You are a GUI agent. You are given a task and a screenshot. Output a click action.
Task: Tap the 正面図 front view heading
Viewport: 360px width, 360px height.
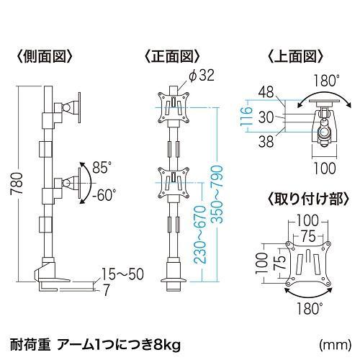[172, 56]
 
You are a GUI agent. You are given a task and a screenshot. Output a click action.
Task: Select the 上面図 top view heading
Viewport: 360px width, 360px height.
[295, 56]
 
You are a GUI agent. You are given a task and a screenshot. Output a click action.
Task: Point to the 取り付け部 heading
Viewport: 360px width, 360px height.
[308, 199]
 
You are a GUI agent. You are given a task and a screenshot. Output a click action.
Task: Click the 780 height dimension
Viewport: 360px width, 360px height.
[17, 184]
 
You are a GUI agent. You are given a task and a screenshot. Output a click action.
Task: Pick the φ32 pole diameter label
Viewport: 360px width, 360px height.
[202, 76]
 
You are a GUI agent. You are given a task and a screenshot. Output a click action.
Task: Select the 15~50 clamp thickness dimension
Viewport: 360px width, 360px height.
[123, 274]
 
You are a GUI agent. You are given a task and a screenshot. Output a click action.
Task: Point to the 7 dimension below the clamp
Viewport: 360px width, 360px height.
[106, 290]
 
